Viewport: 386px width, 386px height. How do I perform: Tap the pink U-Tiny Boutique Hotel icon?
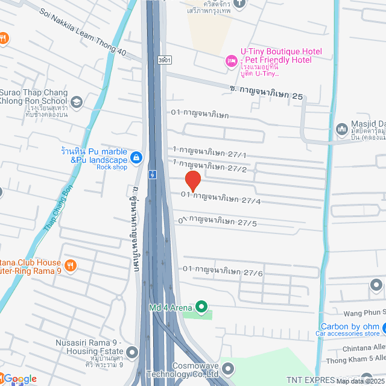(x=230, y=60)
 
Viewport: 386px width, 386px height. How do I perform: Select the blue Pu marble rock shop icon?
(x=138, y=157)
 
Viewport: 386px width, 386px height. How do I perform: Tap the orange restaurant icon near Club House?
(x=71, y=265)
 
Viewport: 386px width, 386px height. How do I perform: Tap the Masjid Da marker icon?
(x=341, y=130)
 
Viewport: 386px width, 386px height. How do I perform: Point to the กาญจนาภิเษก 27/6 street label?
(x=223, y=271)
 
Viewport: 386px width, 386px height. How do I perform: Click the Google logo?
(x=19, y=378)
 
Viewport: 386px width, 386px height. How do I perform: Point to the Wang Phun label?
(x=363, y=312)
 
